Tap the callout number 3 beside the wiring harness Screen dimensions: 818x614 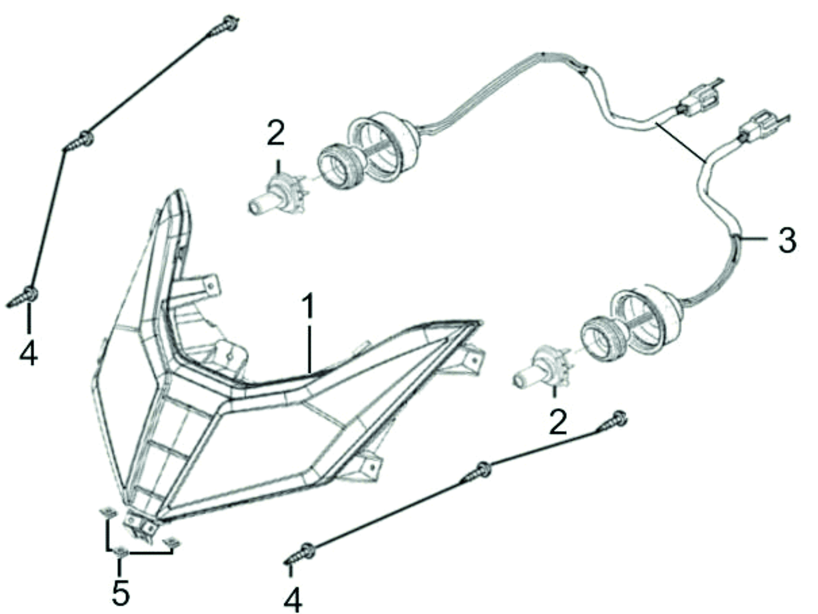[787, 241]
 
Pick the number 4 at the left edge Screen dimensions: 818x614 [29, 353]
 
